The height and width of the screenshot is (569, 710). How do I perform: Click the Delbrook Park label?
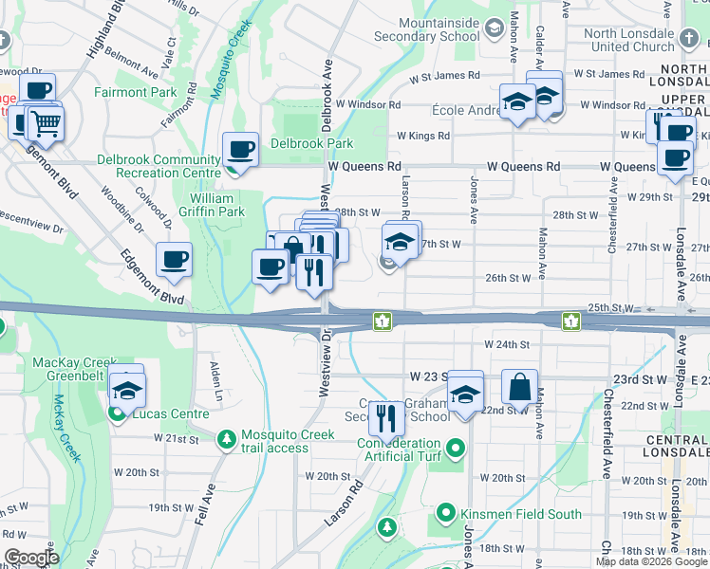311,143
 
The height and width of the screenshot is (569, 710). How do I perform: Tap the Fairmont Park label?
135,92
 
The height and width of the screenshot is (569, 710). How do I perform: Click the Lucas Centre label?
155,414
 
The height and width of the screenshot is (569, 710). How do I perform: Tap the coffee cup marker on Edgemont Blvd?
174,260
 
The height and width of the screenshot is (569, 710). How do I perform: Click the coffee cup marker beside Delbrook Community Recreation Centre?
240,149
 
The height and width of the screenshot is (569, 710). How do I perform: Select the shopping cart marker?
44,121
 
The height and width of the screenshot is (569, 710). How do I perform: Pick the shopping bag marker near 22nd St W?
519,386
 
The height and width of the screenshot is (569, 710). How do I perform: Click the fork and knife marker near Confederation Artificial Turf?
385,417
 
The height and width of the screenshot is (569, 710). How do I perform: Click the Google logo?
32,558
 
